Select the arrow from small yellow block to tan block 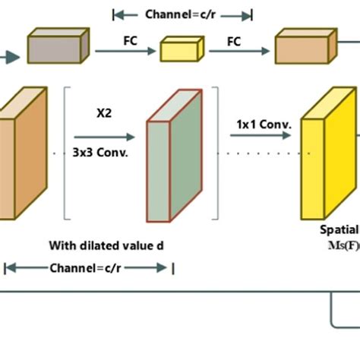pyautogui.click(x=242, y=51)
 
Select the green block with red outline pyautogui.click(x=174, y=160)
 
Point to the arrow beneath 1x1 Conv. pyautogui.click(x=261, y=136)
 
